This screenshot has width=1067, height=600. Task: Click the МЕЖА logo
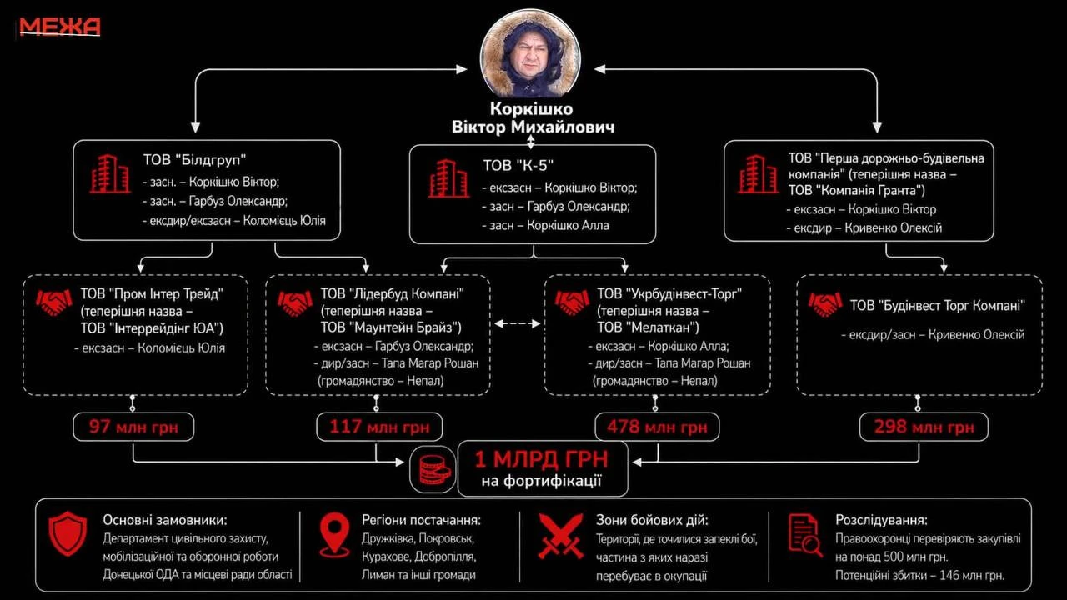coord(59,27)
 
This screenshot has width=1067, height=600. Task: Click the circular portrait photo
coord(530,53)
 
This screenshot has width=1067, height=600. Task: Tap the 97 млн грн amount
coord(133,427)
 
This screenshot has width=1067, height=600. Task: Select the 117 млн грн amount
coord(379,427)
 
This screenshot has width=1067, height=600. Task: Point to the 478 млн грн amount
coord(657,427)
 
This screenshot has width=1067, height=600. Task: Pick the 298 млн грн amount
coord(924,427)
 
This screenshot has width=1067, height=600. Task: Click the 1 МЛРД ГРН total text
coord(542,459)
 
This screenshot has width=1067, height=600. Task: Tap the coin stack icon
coord(433,470)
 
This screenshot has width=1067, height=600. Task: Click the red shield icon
coord(68,533)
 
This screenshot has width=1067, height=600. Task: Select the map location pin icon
coord(335,535)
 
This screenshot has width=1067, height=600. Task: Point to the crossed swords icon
coord(561,536)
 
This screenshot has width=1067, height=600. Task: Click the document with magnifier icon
coord(805,535)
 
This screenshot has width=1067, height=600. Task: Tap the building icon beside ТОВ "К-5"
coord(448,178)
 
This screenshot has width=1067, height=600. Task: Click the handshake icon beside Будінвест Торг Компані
coord(825,305)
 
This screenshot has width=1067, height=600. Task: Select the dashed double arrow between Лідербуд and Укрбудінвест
coord(517,324)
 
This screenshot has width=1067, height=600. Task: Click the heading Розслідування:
coord(881,520)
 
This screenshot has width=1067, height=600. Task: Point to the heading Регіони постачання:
coord(421,520)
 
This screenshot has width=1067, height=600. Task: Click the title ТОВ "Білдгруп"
coord(194,159)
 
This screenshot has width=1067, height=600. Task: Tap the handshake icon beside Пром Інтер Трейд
coord(53,302)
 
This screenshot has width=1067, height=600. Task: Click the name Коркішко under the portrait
coord(532,109)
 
